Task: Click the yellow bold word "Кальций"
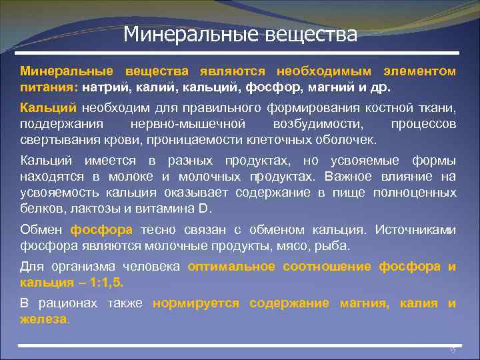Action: pyautogui.click(x=49, y=108)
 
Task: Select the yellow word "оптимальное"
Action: pyautogui.click(x=231, y=266)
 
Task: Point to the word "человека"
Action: pyautogui.click(x=154, y=266)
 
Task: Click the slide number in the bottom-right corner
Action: pyautogui.click(x=452, y=349)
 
